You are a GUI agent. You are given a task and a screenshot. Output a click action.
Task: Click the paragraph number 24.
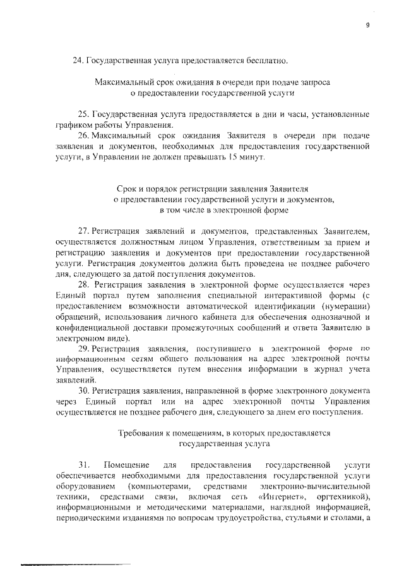(78, 61)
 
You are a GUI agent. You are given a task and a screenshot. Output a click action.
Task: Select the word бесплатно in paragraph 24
(267, 61)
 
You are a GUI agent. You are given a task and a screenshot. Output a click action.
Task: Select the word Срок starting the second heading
(128, 189)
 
